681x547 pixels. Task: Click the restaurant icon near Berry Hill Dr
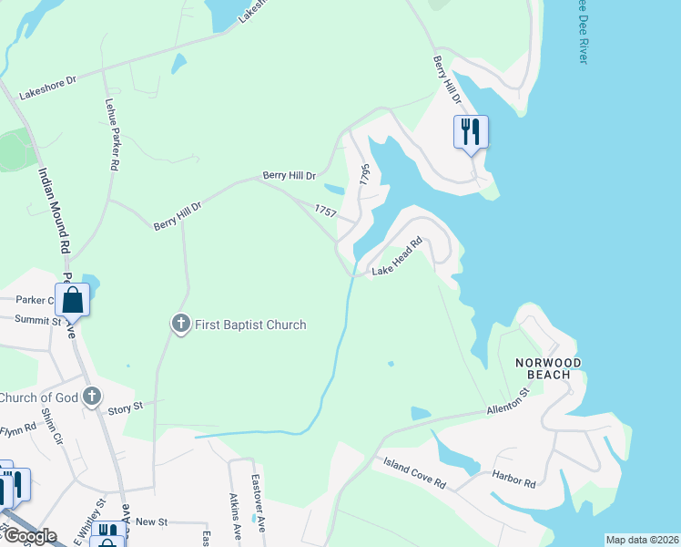click(471, 132)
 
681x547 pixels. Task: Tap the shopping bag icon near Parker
click(72, 299)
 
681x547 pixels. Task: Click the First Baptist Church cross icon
click(180, 324)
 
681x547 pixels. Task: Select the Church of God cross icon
click(91, 397)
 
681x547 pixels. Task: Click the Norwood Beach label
click(548, 368)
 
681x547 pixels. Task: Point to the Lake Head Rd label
click(399, 257)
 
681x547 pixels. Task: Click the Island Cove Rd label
click(413, 473)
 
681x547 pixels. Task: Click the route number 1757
click(326, 211)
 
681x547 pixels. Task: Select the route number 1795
click(364, 174)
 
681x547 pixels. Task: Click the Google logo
click(29, 536)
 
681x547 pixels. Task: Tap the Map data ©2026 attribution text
click(642, 540)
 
